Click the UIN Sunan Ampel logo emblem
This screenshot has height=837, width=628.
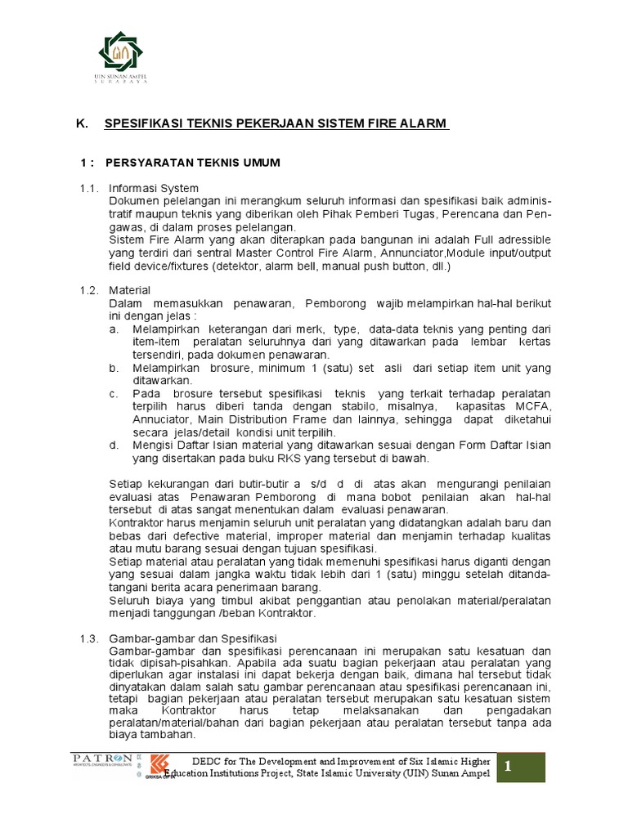(x=124, y=51)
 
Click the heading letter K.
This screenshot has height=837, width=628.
(x=80, y=123)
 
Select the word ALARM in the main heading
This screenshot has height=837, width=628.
(x=426, y=123)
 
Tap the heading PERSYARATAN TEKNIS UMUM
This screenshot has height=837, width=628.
(x=193, y=163)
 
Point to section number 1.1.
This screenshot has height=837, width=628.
(x=88, y=188)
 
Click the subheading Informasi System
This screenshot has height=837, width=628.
(x=154, y=188)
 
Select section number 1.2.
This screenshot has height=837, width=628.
(x=88, y=291)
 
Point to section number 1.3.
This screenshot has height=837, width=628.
(x=88, y=637)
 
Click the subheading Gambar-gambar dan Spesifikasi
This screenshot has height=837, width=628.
(x=193, y=637)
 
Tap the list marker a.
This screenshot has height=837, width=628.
(x=113, y=329)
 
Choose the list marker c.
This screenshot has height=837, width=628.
(x=113, y=393)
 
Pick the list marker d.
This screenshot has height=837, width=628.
(x=113, y=445)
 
